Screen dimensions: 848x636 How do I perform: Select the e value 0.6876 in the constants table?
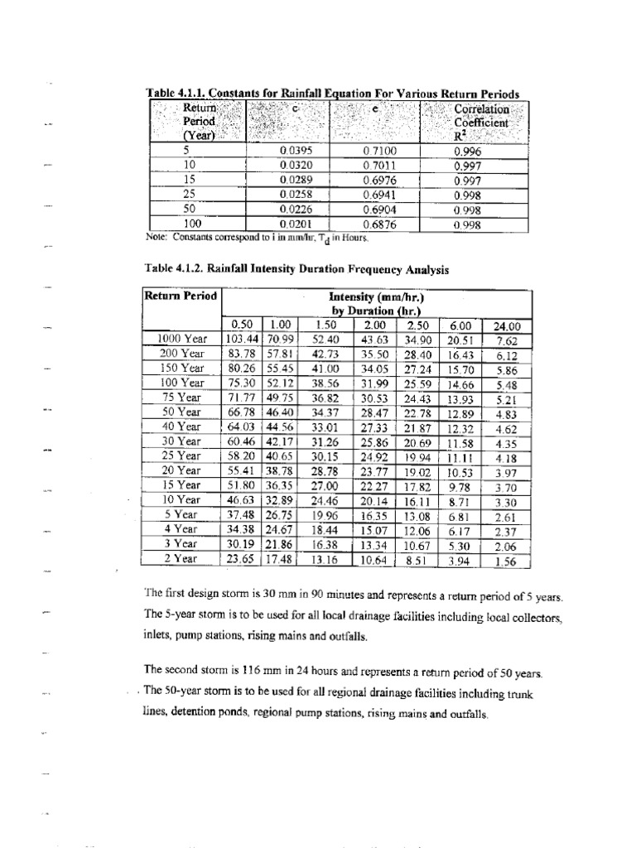click(380, 224)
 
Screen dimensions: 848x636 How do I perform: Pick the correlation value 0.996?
click(468, 152)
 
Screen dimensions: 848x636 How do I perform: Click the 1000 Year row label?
click(182, 338)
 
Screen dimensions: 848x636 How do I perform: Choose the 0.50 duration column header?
click(242, 325)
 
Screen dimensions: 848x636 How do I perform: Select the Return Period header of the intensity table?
click(181, 296)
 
